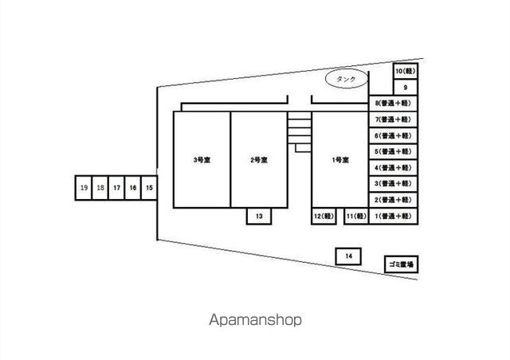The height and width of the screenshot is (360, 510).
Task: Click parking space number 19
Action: tap(84, 188)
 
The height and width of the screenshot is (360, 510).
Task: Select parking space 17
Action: tap(116, 188)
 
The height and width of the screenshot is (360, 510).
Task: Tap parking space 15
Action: tap(150, 188)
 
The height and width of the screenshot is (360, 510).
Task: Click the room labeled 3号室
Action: tap(202, 160)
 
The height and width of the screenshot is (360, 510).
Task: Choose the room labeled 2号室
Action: tap(258, 160)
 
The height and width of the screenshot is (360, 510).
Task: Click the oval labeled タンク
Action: tap(347, 80)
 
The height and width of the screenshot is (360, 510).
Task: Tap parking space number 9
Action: tap(406, 88)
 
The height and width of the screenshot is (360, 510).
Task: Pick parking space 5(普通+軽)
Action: tap(393, 152)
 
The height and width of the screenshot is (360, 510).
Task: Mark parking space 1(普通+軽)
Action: tap(393, 217)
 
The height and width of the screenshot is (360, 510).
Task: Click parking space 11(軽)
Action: tap(355, 217)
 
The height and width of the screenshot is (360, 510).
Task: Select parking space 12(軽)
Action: tap(323, 217)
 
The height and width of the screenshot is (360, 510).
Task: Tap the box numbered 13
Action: tap(259, 216)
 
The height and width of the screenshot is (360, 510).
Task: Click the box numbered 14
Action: tap(348, 256)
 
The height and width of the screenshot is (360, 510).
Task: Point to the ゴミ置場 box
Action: tap(400, 264)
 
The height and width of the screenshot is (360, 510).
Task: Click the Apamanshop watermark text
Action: tap(255, 320)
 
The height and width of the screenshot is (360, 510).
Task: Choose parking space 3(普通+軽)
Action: tap(393, 184)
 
